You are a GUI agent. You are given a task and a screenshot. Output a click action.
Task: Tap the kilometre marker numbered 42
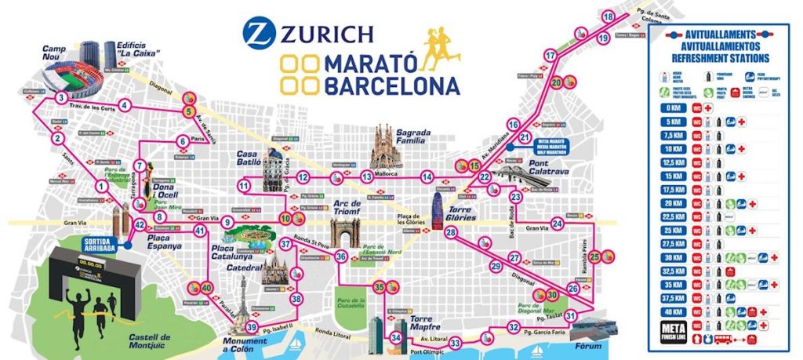click(x=139, y=225)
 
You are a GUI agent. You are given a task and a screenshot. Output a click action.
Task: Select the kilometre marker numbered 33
click(x=455, y=343)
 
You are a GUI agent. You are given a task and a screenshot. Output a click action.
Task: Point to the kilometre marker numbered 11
click(x=245, y=186)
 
